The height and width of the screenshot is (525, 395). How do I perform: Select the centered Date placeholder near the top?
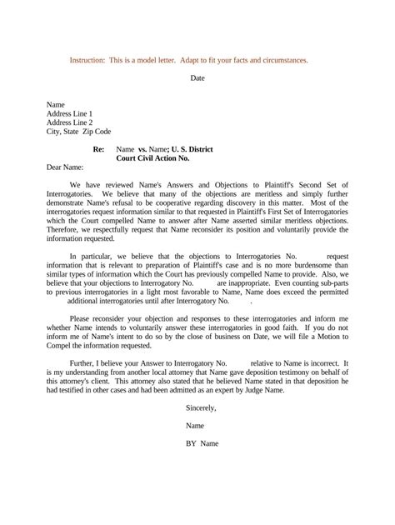pos(197,77)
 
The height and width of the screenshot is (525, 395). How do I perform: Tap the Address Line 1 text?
pos(69,113)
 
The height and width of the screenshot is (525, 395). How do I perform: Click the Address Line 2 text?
pos(69,122)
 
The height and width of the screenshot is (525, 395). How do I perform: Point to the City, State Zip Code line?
pos(78,132)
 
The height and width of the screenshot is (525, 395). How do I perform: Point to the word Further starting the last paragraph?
pos(85,364)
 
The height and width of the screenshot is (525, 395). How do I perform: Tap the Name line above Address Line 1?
pos(55,104)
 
